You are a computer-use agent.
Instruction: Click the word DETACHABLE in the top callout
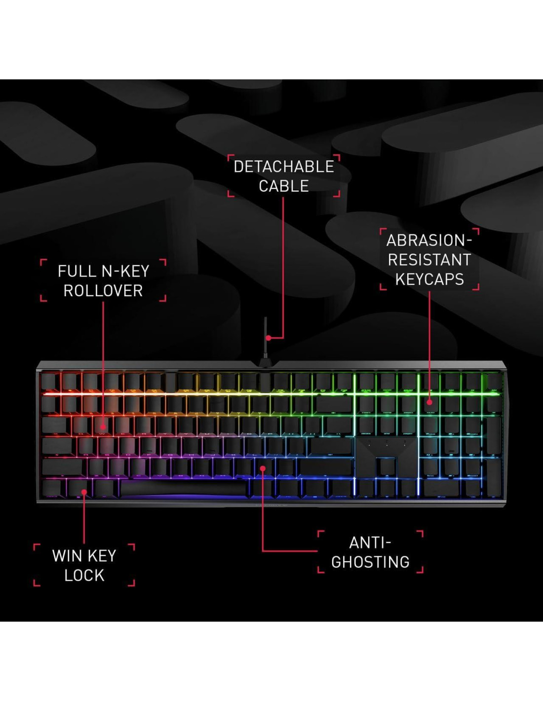[x=283, y=167]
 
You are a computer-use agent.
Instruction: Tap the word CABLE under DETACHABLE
[x=283, y=186]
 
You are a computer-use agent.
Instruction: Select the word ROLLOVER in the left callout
[x=103, y=291]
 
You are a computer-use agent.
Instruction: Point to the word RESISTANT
[x=429, y=260]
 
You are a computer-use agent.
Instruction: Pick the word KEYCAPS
[x=429, y=280]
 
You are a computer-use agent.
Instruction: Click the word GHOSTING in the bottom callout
[x=370, y=562]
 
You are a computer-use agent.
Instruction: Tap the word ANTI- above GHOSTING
[x=370, y=543]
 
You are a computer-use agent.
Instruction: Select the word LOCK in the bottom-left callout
[x=84, y=575]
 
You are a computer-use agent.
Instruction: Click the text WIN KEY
[x=84, y=556]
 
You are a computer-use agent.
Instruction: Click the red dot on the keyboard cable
[x=268, y=338]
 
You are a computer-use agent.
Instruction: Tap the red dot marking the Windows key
[x=84, y=492]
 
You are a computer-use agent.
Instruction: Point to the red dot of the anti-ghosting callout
[x=263, y=468]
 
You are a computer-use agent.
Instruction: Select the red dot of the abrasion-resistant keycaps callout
[x=429, y=402]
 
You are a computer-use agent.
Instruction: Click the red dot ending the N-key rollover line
[x=103, y=427]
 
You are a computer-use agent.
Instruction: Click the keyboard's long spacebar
[x=183, y=488]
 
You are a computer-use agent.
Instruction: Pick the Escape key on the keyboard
[x=50, y=382]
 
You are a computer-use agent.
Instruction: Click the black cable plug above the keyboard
[x=266, y=361]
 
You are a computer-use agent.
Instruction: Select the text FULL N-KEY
[x=103, y=271]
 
